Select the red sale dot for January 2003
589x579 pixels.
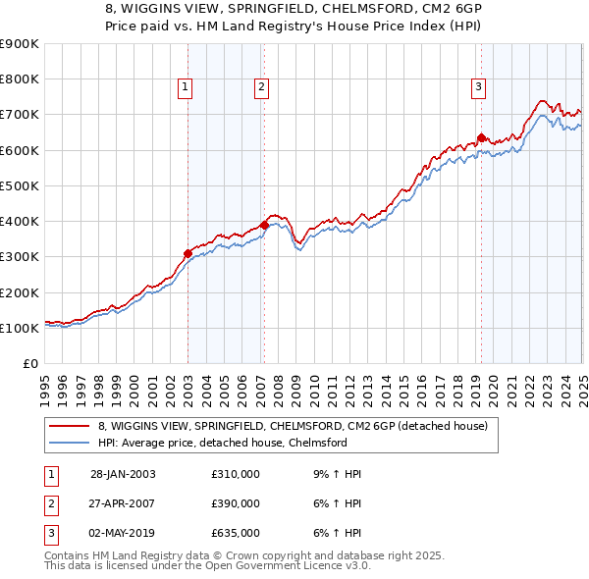187,253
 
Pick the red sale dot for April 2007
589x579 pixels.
264,225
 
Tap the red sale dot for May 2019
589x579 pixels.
481,137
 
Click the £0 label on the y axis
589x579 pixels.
29,363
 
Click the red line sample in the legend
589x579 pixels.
70,426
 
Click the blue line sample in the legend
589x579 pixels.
70,443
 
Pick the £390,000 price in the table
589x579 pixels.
236,504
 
